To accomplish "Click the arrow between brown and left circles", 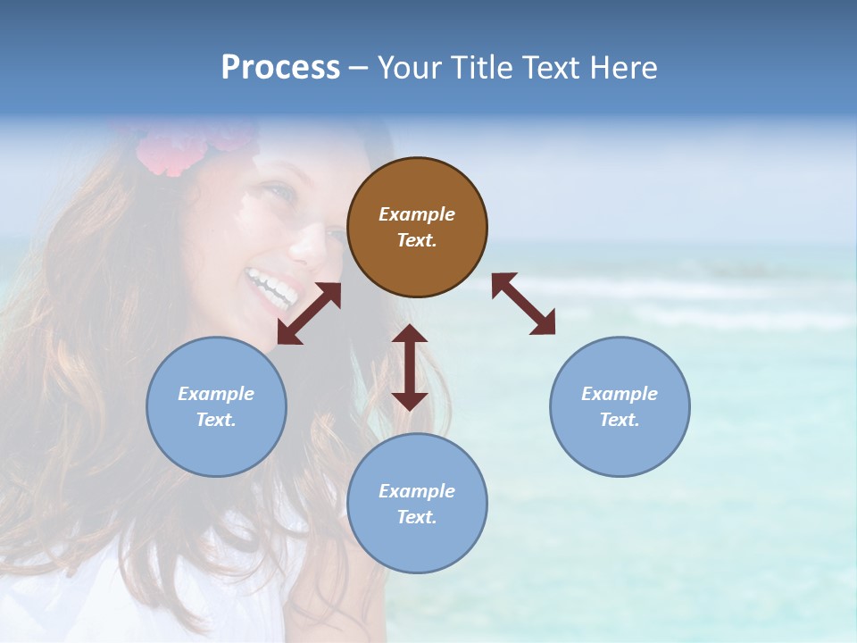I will (309, 313).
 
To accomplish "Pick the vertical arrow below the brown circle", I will (410, 367).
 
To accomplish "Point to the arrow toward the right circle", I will (524, 304).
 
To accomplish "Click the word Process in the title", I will (280, 67).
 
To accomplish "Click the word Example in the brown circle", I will (417, 214).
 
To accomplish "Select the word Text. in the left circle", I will (216, 420).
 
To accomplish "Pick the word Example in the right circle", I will (620, 394).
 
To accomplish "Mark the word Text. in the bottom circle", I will (417, 517).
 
